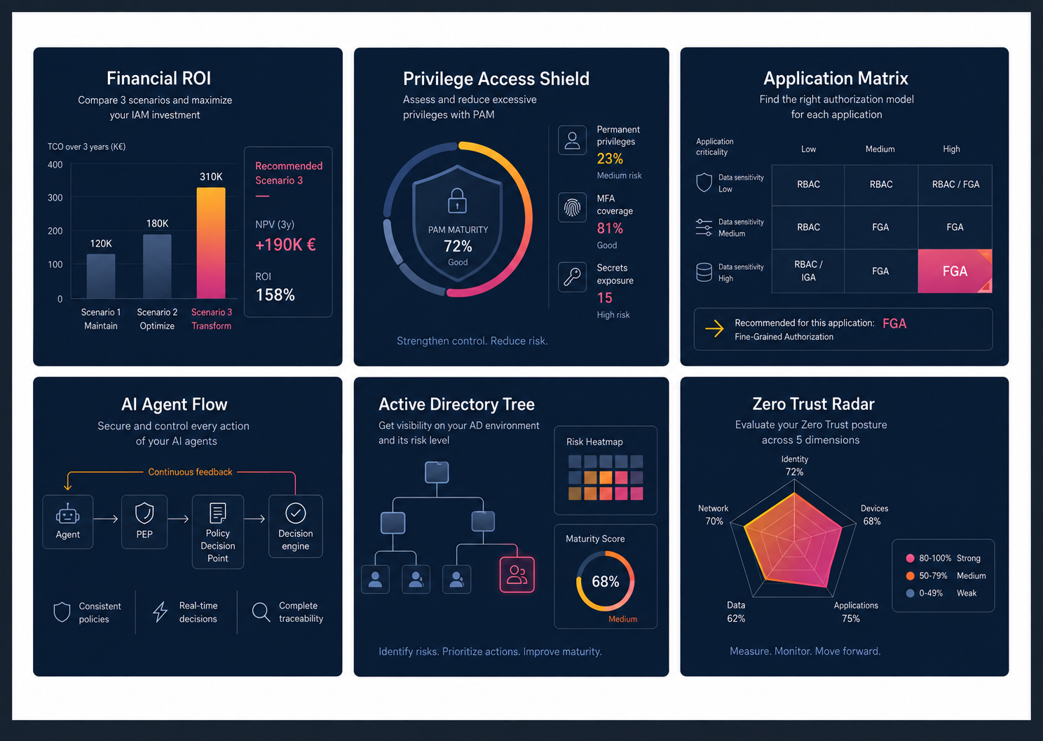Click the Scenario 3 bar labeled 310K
pos(211,243)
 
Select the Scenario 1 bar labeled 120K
pos(100,276)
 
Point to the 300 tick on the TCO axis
pos(55,198)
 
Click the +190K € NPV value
pos(285,245)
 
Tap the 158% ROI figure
pos(275,295)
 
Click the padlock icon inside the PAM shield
pos(457,200)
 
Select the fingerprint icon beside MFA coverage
pos(572,208)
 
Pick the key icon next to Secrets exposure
pos(572,277)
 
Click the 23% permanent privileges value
pos(610,159)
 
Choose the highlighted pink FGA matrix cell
pos(955,271)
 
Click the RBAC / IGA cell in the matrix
pos(808,271)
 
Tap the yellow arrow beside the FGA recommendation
pos(714,328)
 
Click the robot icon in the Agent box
pos(67,514)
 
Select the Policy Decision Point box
pos(218,531)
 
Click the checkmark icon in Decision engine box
pos(296,513)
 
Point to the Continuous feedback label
pos(190,472)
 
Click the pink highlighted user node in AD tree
pos(517,575)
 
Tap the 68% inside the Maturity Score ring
pos(606,581)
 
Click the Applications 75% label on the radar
pos(856,612)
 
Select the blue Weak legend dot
pos(910,593)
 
